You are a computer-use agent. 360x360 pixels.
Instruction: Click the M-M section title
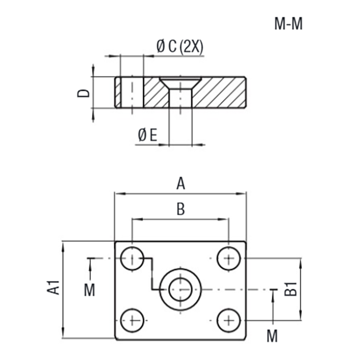pos(288,24)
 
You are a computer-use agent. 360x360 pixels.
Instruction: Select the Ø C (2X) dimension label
pos(180,46)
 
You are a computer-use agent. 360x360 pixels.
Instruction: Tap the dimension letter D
pos(84,93)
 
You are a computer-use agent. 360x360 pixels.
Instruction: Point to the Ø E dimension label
pos(148,135)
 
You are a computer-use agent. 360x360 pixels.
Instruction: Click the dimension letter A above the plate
pos(180,184)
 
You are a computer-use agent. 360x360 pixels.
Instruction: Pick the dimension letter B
pos(180,209)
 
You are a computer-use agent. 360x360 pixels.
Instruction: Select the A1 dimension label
pos(54,288)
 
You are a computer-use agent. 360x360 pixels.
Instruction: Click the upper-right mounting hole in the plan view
pos(229,259)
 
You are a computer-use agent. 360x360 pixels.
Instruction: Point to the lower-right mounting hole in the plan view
pos(229,320)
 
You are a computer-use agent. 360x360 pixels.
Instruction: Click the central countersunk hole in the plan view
pos(180,289)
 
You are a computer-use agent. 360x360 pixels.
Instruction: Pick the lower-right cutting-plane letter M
pos(272,335)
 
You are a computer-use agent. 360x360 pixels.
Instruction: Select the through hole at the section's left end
pos(132,92)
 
